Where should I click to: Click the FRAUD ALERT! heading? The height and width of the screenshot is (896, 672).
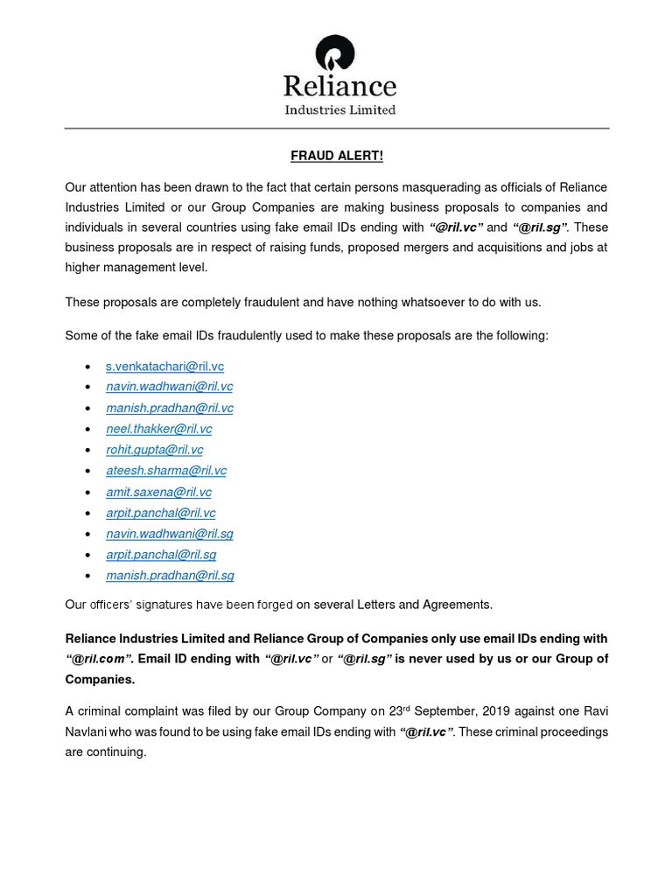337,157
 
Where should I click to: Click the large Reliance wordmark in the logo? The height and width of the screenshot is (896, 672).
339,86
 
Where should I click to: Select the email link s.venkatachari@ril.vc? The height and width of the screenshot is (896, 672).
164,366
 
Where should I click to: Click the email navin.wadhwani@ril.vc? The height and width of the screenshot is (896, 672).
169,387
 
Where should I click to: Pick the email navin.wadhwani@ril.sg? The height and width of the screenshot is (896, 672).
169,534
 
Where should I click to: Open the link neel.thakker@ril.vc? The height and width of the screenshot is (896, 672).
158,429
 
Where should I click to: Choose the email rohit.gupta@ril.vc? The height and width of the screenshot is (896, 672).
154,450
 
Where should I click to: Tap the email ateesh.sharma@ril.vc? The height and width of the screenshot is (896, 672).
165,471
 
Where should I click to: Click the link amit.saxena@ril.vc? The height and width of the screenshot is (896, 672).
158,492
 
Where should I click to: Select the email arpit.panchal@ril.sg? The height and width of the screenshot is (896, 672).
161,555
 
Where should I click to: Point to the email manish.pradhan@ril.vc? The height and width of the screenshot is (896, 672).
169,408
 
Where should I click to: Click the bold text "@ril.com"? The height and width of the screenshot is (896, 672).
97,659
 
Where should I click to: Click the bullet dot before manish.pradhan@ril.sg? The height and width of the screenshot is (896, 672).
87,577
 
